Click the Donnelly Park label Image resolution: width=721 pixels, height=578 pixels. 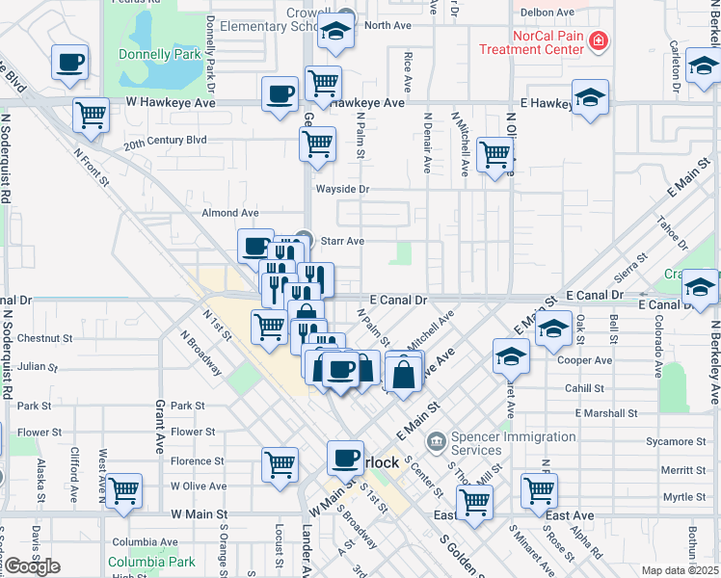click(159, 55)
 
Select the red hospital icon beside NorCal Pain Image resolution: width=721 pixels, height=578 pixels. click(599, 40)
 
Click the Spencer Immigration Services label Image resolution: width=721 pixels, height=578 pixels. click(476, 443)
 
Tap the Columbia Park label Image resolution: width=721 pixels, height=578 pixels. click(151, 562)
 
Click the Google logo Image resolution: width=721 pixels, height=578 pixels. click(32, 565)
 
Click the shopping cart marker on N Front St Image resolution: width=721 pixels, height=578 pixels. click(92, 115)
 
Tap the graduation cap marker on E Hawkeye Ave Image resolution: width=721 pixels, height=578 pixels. click(590, 97)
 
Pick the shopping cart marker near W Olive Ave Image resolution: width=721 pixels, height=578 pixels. click(124, 490)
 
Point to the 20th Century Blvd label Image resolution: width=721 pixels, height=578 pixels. click(165, 140)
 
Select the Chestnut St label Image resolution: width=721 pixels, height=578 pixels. click(39, 339)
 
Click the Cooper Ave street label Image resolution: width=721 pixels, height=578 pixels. click(591, 360)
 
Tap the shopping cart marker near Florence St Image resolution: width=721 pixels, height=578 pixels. click(280, 463)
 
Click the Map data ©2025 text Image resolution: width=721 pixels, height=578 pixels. click(680, 570)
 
